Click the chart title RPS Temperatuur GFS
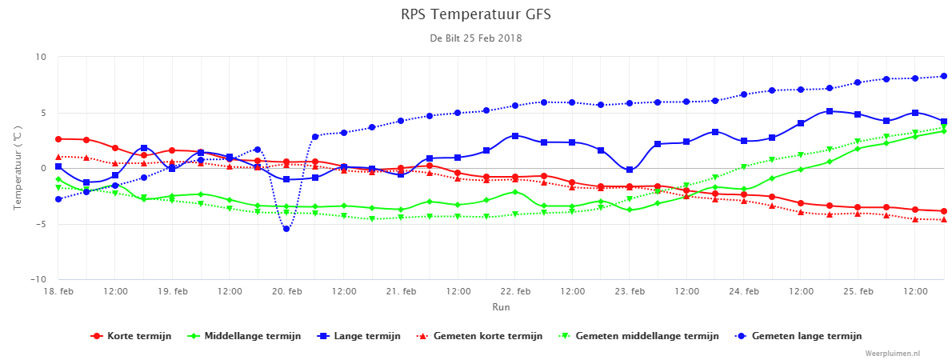pos(476,14)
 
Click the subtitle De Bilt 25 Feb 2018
pos(476,38)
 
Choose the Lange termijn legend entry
pos(358,336)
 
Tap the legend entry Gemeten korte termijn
pos(479,336)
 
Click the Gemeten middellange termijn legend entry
pos(638,336)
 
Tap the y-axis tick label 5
pos(43,113)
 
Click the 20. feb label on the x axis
pos(286,292)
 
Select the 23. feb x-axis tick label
pos(630,292)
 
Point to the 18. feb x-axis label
pos(58,292)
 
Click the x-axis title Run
pos(501,307)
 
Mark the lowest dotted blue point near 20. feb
pos(286,228)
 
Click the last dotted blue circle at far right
pos(944,77)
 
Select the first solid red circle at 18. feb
pos(58,139)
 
